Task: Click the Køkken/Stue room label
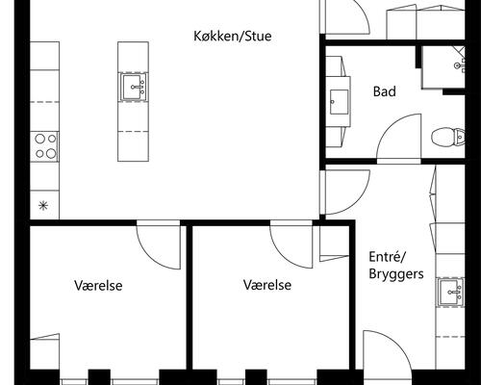232,38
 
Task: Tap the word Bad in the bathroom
384,92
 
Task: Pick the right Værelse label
267,286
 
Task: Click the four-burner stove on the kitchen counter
45,145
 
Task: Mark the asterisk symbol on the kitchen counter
42,204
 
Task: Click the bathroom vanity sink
340,100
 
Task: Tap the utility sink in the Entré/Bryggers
449,292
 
